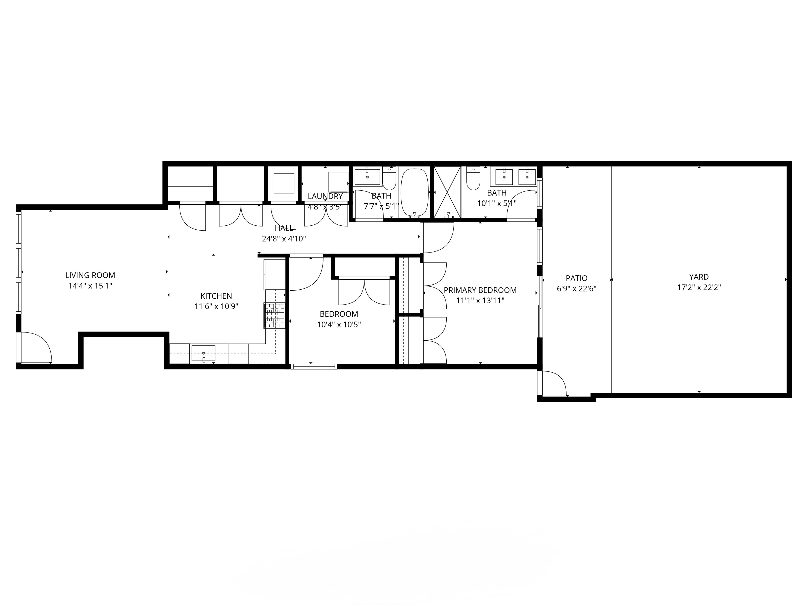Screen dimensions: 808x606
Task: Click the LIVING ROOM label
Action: [90, 275]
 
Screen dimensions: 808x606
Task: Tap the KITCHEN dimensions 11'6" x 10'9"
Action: [216, 306]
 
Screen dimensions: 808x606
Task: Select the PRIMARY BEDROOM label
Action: [480, 290]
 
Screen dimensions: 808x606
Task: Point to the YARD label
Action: [699, 277]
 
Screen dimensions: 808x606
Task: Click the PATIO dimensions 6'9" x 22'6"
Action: [577, 289]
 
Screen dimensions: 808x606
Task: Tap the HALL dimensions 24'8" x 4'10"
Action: [284, 239]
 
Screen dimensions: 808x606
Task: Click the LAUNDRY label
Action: [325, 196]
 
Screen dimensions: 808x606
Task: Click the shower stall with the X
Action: [447, 192]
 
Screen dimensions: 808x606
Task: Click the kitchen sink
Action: [204, 353]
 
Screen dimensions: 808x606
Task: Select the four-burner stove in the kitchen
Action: [274, 316]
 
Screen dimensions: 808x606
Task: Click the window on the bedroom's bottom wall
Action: [314, 366]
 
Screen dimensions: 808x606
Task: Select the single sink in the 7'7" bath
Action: [367, 177]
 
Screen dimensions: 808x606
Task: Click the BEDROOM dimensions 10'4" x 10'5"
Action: [339, 324]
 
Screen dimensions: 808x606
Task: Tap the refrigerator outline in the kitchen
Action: [274, 274]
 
